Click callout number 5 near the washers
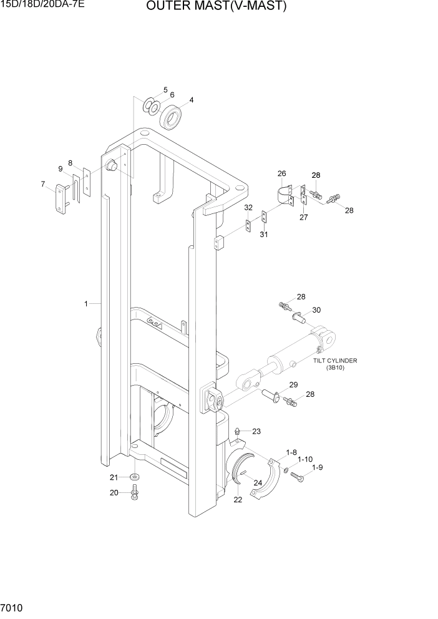(x=165, y=90)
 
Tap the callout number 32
(x=248, y=207)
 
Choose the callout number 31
(x=264, y=234)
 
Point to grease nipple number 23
(x=238, y=432)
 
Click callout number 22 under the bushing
(x=237, y=499)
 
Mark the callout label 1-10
(x=304, y=459)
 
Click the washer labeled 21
(x=134, y=477)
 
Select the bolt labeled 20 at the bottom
(x=134, y=495)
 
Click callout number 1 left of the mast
(x=86, y=304)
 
